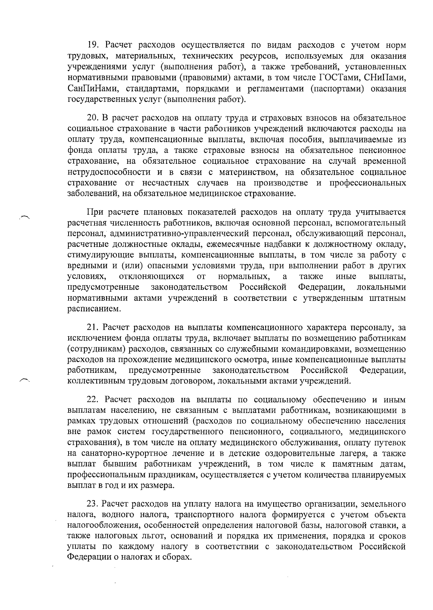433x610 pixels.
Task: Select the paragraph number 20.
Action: (x=93, y=118)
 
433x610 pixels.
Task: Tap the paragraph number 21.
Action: (x=93, y=328)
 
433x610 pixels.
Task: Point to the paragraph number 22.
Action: (x=93, y=400)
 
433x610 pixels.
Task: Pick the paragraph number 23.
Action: (x=93, y=504)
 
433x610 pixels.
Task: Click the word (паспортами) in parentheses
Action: (x=337, y=89)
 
